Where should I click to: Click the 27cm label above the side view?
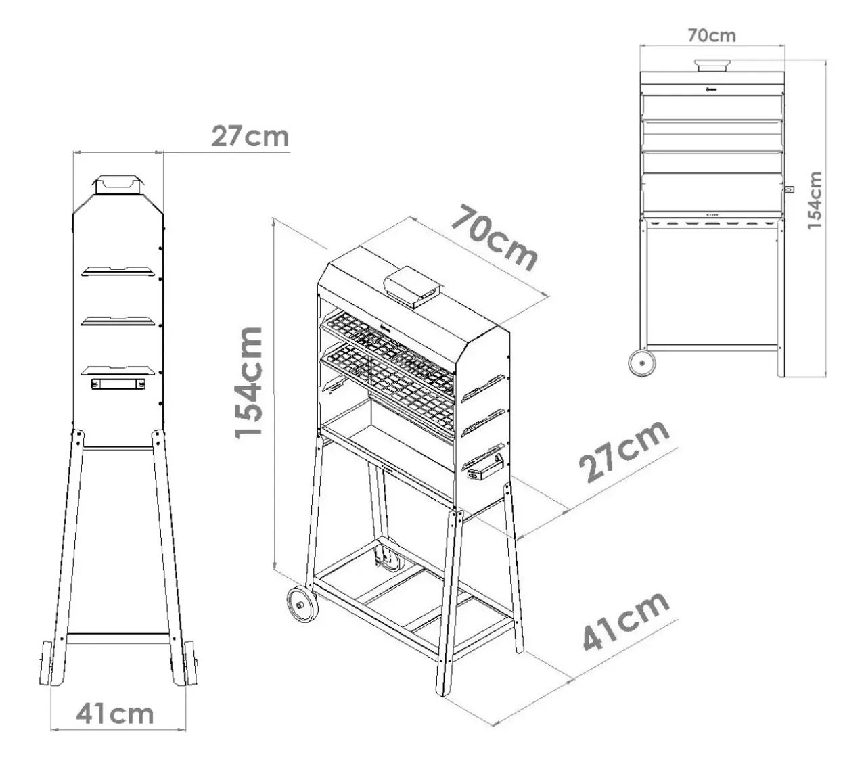point(250,137)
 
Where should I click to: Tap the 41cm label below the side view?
point(114,714)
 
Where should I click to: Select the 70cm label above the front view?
point(712,35)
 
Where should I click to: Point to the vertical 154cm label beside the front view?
point(815,200)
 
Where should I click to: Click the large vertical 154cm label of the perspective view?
point(248,382)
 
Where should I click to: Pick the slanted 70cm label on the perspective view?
point(494,237)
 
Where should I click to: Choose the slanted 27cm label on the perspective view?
point(624,451)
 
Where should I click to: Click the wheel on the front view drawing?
point(641,364)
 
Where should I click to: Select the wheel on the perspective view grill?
point(302,605)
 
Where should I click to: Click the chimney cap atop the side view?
point(118,185)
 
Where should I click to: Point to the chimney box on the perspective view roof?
point(411,287)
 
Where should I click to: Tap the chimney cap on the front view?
point(711,66)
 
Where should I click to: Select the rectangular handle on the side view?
point(118,384)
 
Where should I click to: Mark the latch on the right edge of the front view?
point(790,189)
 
